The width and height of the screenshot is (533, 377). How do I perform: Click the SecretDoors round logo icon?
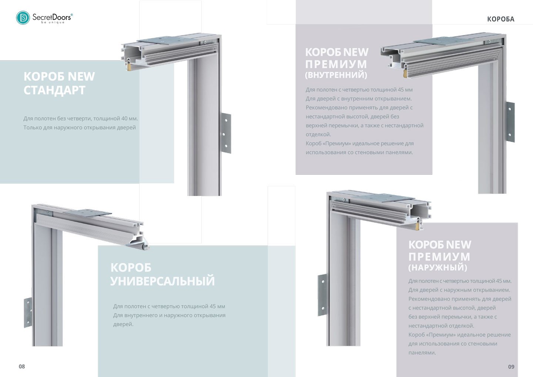[x=23, y=18]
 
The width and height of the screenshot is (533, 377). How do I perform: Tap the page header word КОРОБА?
[x=501, y=19]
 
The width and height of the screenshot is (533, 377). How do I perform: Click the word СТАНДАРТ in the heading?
[x=54, y=90]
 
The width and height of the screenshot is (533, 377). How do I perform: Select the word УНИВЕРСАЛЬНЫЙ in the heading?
[x=162, y=281]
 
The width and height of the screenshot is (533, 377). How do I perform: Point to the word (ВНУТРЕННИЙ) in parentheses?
[x=336, y=75]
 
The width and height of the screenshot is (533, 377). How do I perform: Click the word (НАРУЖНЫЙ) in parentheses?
[x=438, y=267]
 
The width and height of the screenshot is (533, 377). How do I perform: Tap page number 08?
[x=21, y=367]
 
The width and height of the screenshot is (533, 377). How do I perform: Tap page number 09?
[x=511, y=367]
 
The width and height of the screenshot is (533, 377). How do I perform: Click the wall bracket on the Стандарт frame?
[x=225, y=133]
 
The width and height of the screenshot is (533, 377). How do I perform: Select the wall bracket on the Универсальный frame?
[x=28, y=313]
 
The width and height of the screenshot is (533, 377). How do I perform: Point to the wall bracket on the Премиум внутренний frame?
[x=510, y=122]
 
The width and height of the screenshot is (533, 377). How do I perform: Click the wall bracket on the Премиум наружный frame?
[x=322, y=295]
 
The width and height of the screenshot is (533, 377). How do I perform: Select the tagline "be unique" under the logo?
[x=53, y=22]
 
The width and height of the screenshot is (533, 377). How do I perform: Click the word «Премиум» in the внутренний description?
[x=338, y=144]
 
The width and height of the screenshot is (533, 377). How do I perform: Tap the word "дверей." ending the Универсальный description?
[x=123, y=324]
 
